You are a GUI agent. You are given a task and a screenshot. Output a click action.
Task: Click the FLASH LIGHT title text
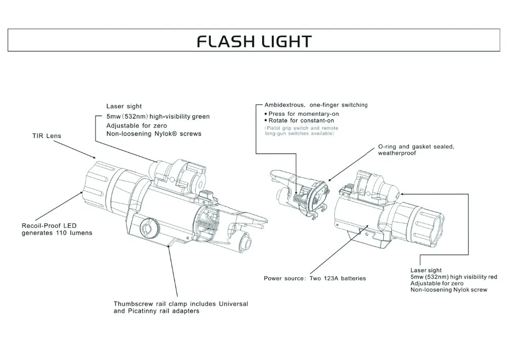(254, 41)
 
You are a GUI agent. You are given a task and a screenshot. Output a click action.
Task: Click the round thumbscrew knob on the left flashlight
(148, 226)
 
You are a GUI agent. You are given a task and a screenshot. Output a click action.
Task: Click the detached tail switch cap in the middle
(300, 195)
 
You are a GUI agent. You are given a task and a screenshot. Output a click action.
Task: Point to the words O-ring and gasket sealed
(416, 146)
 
